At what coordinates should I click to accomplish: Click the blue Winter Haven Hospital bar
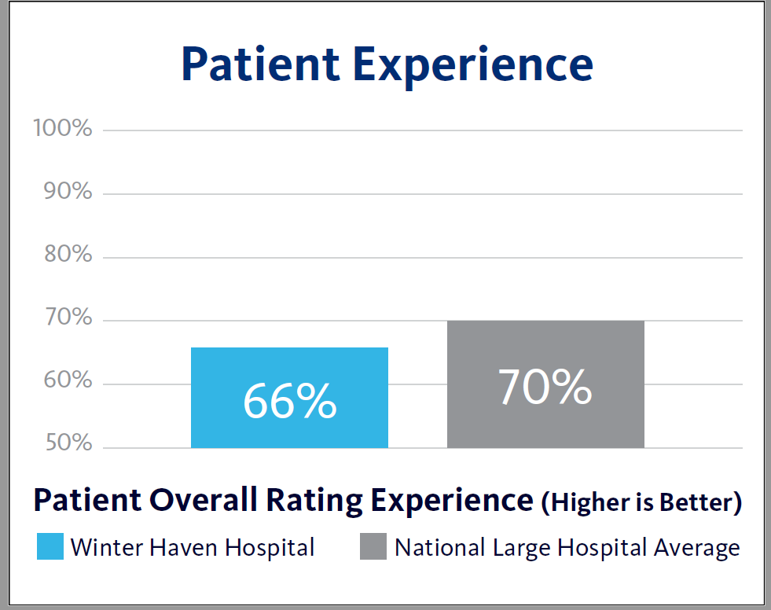pyautogui.click(x=290, y=398)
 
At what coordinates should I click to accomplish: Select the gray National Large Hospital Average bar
pyautogui.click(x=545, y=384)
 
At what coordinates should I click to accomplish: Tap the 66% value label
pyautogui.click(x=290, y=402)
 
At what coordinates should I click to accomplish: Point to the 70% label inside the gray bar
pyautogui.click(x=545, y=388)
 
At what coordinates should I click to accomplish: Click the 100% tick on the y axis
pyautogui.click(x=62, y=128)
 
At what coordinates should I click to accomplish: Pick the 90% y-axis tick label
pyautogui.click(x=68, y=191)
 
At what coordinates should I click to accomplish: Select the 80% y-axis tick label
pyautogui.click(x=68, y=255)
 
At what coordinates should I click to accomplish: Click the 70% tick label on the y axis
pyautogui.click(x=68, y=317)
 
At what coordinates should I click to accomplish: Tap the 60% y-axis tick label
pyautogui.click(x=68, y=380)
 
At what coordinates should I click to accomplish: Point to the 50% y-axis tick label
pyautogui.click(x=68, y=443)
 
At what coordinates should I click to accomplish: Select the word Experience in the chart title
pyautogui.click(x=473, y=66)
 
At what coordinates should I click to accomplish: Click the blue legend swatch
pyautogui.click(x=50, y=546)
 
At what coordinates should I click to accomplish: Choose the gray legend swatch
pyautogui.click(x=373, y=546)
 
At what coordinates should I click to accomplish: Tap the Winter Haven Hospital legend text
pyautogui.click(x=193, y=548)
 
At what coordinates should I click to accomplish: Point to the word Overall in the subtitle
pyautogui.click(x=204, y=500)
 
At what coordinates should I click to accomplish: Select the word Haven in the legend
pyautogui.click(x=183, y=548)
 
